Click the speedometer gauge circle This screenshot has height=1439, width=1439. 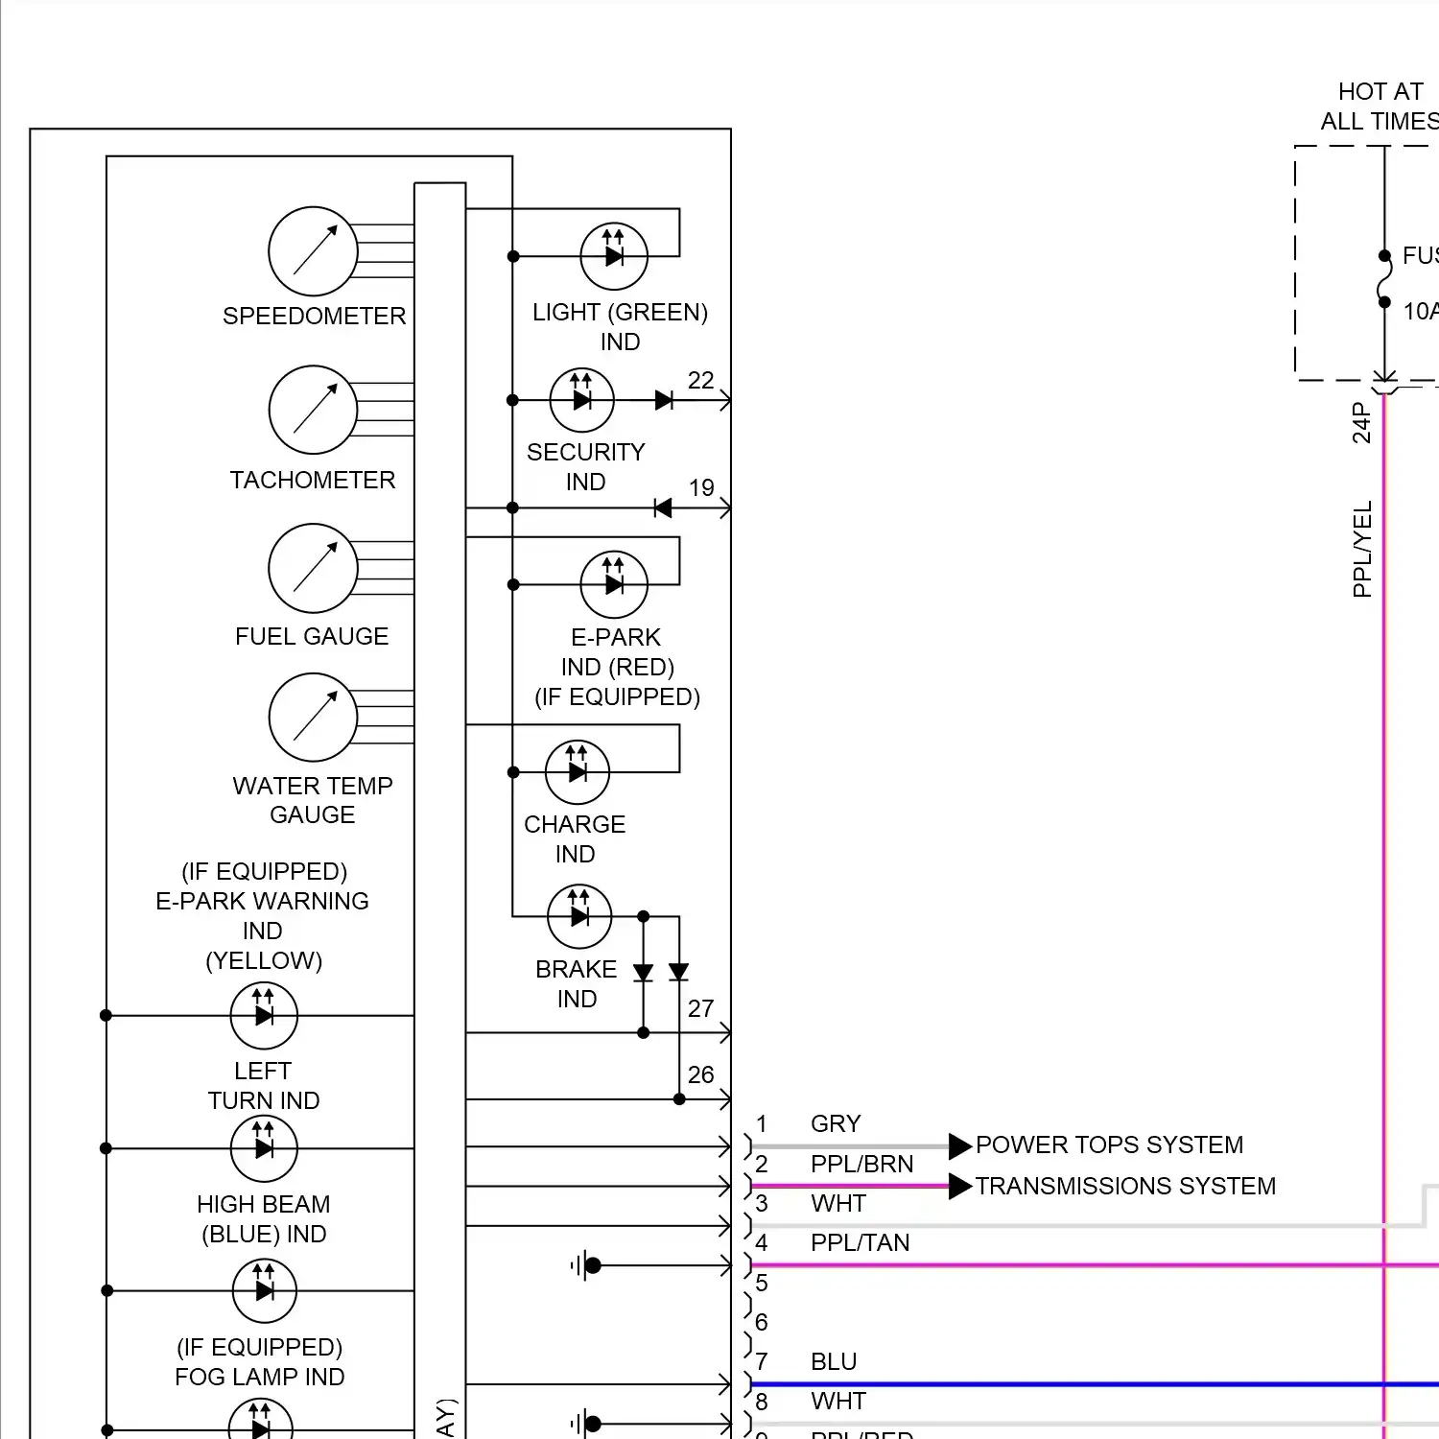[x=313, y=251]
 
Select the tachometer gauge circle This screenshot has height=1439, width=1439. [x=313, y=410]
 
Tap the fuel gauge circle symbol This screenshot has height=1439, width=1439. [x=313, y=568]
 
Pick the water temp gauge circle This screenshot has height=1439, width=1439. [x=313, y=718]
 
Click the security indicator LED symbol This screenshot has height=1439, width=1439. [x=581, y=400]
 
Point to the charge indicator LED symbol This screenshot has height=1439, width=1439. [x=578, y=772]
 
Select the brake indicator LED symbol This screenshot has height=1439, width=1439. [x=579, y=916]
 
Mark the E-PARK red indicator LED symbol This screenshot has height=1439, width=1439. [x=614, y=584]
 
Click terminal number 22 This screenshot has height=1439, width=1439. [x=700, y=381]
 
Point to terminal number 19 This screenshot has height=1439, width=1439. [x=701, y=488]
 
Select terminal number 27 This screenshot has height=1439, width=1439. [x=700, y=1009]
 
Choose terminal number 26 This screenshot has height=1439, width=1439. [x=700, y=1075]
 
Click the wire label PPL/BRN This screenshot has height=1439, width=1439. [x=861, y=1165]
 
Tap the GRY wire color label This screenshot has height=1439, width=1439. [x=836, y=1124]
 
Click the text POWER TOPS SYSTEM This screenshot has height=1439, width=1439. [x=1109, y=1145]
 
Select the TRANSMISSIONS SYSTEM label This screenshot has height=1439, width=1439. [x=1125, y=1187]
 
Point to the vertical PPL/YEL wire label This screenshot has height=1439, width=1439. [x=1362, y=549]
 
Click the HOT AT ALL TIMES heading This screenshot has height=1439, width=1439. [x=1380, y=106]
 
